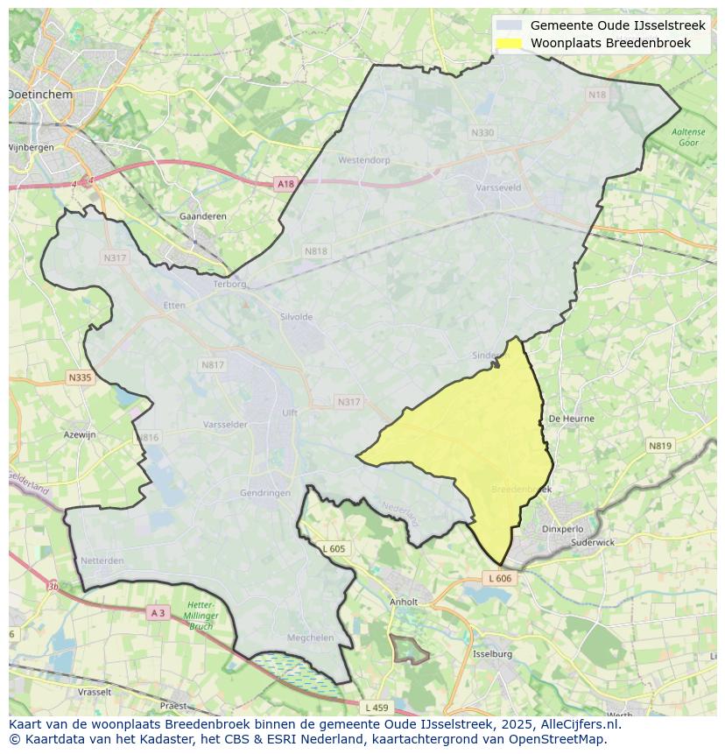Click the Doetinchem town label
point(40,94)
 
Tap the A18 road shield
point(285,184)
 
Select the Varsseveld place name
point(497,187)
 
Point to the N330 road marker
point(482,132)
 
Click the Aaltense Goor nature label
point(688,137)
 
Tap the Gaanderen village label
point(202,216)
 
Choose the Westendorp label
point(363,161)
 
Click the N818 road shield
point(315,251)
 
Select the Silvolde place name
point(296,317)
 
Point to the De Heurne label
point(571,419)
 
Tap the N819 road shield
point(660,446)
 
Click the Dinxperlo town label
point(562,529)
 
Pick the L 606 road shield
point(498,579)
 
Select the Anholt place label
point(404,602)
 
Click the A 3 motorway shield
point(158,613)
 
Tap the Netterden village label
point(102,560)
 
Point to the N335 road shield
point(80,377)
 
